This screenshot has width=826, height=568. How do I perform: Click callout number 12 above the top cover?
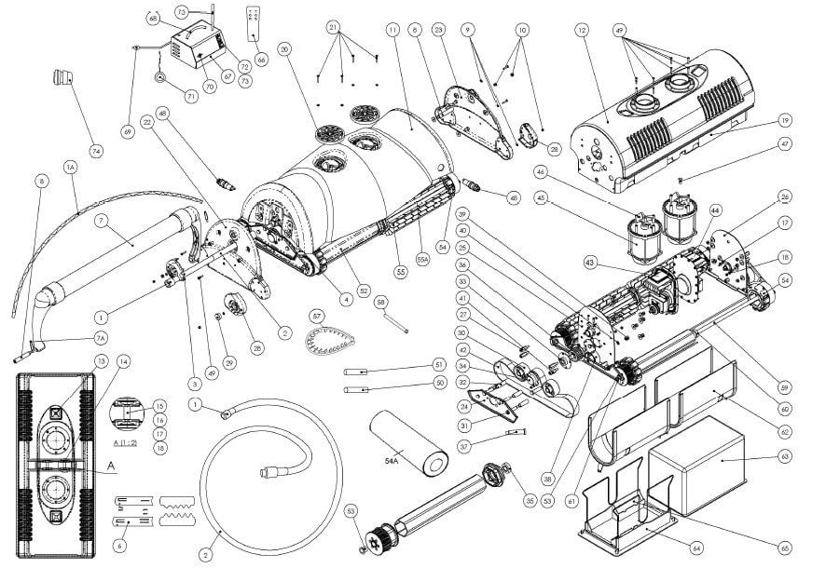[x=583, y=31]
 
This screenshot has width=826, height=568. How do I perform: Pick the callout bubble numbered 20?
[x=285, y=48]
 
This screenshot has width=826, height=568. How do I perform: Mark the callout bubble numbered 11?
[x=392, y=31]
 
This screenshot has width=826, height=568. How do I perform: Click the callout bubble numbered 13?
[x=101, y=360]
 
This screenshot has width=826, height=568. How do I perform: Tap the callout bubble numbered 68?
[x=153, y=18]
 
